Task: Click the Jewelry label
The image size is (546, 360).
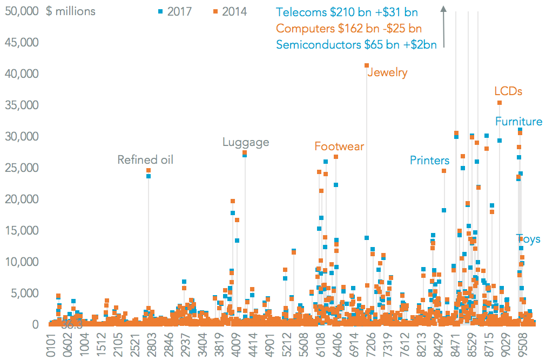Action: [x=387, y=72]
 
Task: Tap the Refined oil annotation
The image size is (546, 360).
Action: [x=146, y=160]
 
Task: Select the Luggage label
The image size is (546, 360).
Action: [x=246, y=143]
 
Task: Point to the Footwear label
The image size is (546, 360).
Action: [x=340, y=146]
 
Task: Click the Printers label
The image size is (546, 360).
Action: [x=429, y=161]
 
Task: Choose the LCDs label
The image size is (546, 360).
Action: [x=508, y=91]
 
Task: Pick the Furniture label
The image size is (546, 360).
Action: [x=518, y=122]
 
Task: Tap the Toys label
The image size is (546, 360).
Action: [x=528, y=239]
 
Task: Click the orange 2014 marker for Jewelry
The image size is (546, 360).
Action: [x=367, y=65]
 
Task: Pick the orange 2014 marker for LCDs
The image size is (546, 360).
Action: [x=500, y=103]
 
